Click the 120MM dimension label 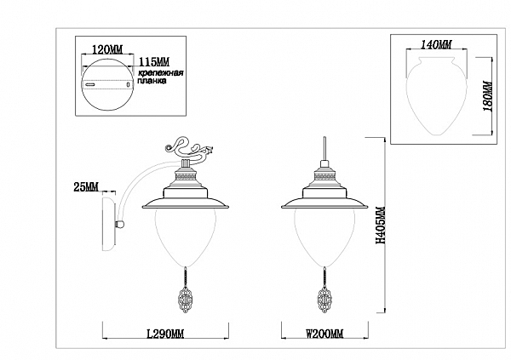(x=107, y=49)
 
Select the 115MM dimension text (x=154, y=62)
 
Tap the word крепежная (x=161, y=72)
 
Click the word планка (x=152, y=81)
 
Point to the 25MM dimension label (x=86, y=187)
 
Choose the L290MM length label (x=165, y=334)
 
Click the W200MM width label (x=324, y=334)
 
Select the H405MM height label (x=381, y=226)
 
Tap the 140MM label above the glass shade (x=436, y=44)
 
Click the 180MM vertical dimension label (x=488, y=96)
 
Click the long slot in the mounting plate (x=90, y=85)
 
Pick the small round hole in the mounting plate (x=129, y=85)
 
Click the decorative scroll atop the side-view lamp (x=189, y=148)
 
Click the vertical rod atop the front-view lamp (x=324, y=149)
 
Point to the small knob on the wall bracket (x=120, y=224)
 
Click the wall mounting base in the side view (x=109, y=224)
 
